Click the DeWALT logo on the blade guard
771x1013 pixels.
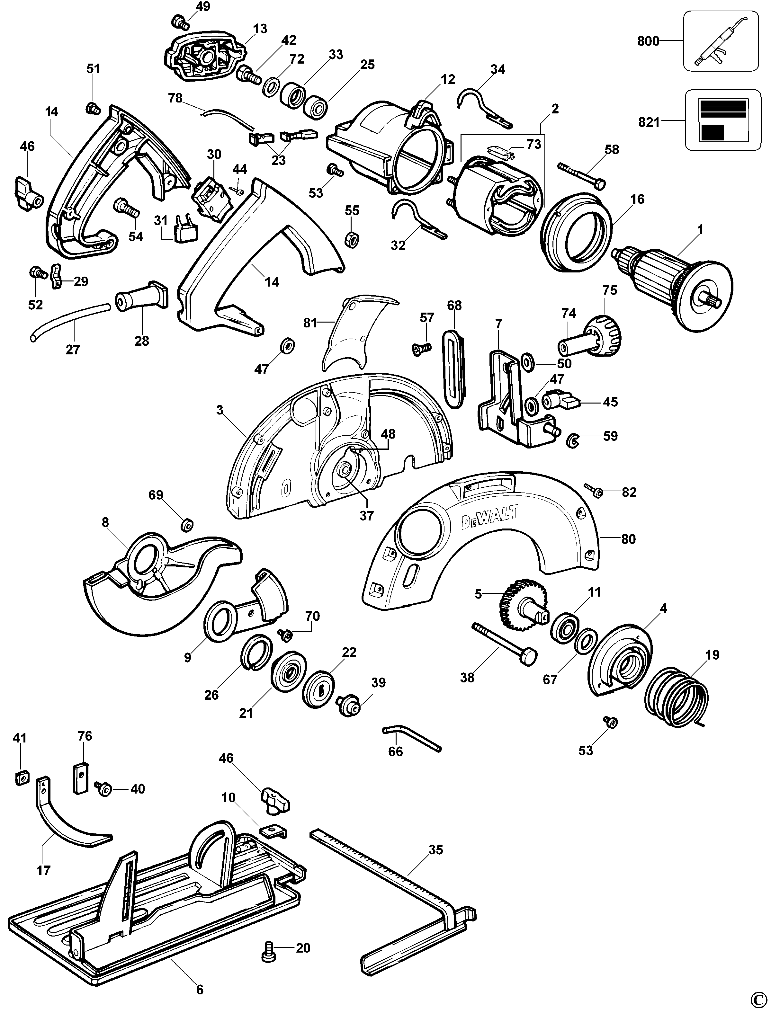click(x=489, y=517)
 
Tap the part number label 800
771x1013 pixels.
click(x=648, y=41)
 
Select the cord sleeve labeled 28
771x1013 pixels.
click(x=140, y=297)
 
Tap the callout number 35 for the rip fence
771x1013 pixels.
click(x=435, y=850)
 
